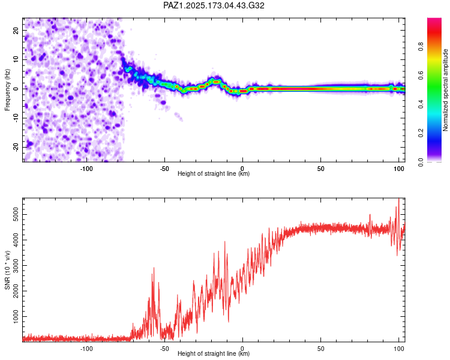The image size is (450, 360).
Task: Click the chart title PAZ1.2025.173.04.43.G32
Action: pyautogui.click(x=214, y=5)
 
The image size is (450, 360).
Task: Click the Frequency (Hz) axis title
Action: pyautogui.click(x=7, y=90)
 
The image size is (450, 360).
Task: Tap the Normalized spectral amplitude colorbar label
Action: pyautogui.click(x=445, y=90)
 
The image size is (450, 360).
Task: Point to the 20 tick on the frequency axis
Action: pyautogui.click(x=16, y=30)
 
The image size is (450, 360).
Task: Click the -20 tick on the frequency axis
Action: pyautogui.click(x=16, y=147)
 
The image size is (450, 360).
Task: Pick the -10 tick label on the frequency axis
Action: pyautogui.click(x=16, y=118)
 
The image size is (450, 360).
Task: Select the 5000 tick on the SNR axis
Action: pyautogui.click(x=16, y=214)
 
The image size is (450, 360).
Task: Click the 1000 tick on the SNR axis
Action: pyautogui.click(x=16, y=317)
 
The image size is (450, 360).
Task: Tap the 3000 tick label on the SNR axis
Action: pyautogui.click(x=16, y=266)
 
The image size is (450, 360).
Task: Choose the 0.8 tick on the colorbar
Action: pyautogui.click(x=421, y=46)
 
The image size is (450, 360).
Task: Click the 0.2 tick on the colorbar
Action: pyautogui.click(x=421, y=133)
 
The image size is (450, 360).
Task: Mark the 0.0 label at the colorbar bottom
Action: pyautogui.click(x=421, y=161)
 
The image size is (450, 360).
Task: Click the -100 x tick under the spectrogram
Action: pyautogui.click(x=86, y=169)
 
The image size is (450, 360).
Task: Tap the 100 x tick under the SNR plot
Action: pyautogui.click(x=399, y=349)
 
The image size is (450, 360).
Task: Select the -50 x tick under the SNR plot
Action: pyautogui.click(x=164, y=349)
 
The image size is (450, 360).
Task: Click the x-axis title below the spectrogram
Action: pyautogui.click(x=214, y=173)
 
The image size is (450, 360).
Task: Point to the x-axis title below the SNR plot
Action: pyautogui.click(x=214, y=353)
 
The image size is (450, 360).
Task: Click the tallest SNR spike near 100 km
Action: pyautogui.click(x=399, y=199)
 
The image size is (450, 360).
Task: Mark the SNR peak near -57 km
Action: pyautogui.click(x=154, y=268)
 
